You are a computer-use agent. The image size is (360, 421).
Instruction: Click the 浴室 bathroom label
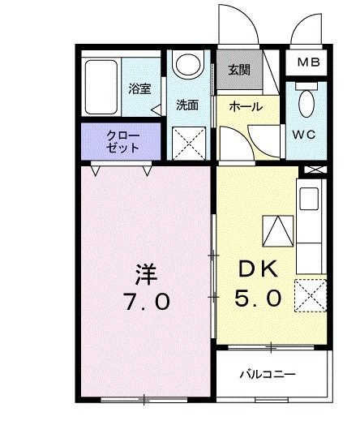coord(139,88)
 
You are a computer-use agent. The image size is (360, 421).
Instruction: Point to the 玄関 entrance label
coord(238,70)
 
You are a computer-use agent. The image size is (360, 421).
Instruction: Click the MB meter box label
coord(308,62)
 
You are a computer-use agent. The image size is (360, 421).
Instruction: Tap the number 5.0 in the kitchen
coord(259,299)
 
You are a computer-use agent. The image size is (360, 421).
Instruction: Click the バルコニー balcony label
coord(267,375)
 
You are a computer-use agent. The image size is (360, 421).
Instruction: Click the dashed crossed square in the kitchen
coord(311,294)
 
